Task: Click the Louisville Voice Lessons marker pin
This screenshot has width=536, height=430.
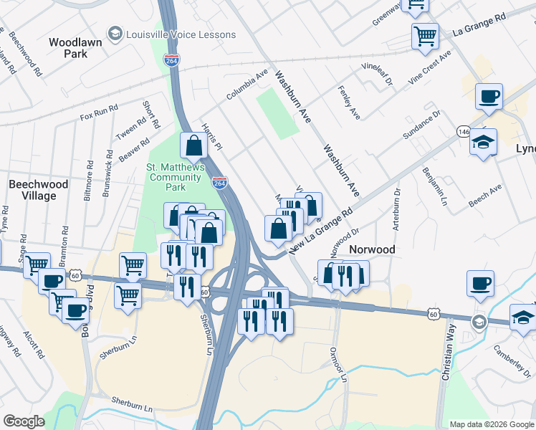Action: tap(114, 34)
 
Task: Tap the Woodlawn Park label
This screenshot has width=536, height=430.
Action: tap(75, 48)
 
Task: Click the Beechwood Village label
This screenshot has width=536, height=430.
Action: tap(38, 190)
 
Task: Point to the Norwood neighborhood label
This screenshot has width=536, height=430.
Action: tap(372, 249)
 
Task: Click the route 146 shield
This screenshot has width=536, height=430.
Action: tap(464, 133)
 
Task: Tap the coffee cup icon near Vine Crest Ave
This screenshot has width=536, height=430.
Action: tap(489, 96)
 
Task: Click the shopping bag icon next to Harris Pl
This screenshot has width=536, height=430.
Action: tap(193, 145)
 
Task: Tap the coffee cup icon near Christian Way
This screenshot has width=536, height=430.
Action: tap(480, 282)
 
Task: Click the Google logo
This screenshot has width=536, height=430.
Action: tap(24, 421)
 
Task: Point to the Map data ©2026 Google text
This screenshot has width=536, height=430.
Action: tap(491, 424)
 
